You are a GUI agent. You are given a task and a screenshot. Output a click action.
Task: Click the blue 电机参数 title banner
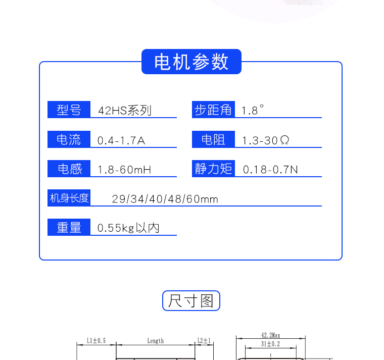(x=191, y=62)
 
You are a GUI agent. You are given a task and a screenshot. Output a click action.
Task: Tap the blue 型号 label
(x=69, y=110)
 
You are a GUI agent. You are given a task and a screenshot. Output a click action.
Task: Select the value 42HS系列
(x=125, y=111)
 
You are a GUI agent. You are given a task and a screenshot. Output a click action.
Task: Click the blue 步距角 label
(x=213, y=110)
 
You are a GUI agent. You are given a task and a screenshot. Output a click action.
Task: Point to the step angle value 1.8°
(x=252, y=110)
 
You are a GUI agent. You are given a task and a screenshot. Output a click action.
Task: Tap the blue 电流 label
(x=69, y=139)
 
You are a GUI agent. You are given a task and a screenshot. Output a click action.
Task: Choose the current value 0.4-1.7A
(x=121, y=140)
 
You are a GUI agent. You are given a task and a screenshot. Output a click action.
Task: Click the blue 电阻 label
(x=213, y=139)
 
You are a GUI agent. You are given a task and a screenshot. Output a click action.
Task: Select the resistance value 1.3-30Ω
(x=265, y=140)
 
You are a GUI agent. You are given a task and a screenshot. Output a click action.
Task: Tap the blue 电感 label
(x=69, y=169)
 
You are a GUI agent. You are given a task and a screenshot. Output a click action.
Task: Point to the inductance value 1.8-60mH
(x=124, y=170)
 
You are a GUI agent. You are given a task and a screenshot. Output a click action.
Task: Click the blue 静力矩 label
(x=213, y=169)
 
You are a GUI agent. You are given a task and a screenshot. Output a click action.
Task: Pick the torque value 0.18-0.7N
(x=270, y=170)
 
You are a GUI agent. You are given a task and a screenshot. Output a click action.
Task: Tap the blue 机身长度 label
(x=69, y=198)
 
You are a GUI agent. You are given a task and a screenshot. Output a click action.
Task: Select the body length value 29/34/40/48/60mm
(x=165, y=199)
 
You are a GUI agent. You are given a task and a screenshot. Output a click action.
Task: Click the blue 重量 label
(x=69, y=227)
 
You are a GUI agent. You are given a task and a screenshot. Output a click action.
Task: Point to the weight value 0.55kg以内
(x=128, y=228)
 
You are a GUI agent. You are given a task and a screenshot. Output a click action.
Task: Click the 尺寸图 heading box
(x=191, y=300)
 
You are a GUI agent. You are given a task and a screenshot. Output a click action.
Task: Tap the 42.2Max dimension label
(x=271, y=335)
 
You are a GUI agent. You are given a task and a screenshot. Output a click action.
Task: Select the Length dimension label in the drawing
(x=155, y=341)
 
